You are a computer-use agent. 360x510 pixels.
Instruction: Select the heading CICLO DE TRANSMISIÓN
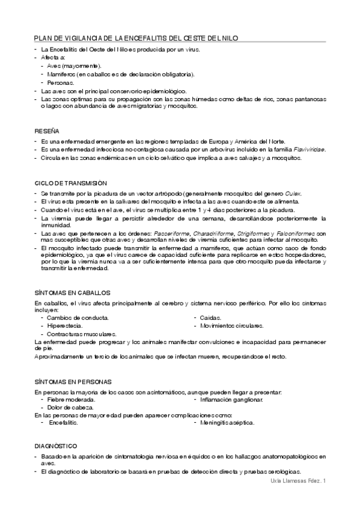click(x=71, y=183)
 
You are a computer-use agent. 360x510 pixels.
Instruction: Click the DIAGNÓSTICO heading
click(x=55, y=446)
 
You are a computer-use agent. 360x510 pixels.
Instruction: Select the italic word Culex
click(x=293, y=193)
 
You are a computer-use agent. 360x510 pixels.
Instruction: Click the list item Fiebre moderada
click(x=71, y=399)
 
